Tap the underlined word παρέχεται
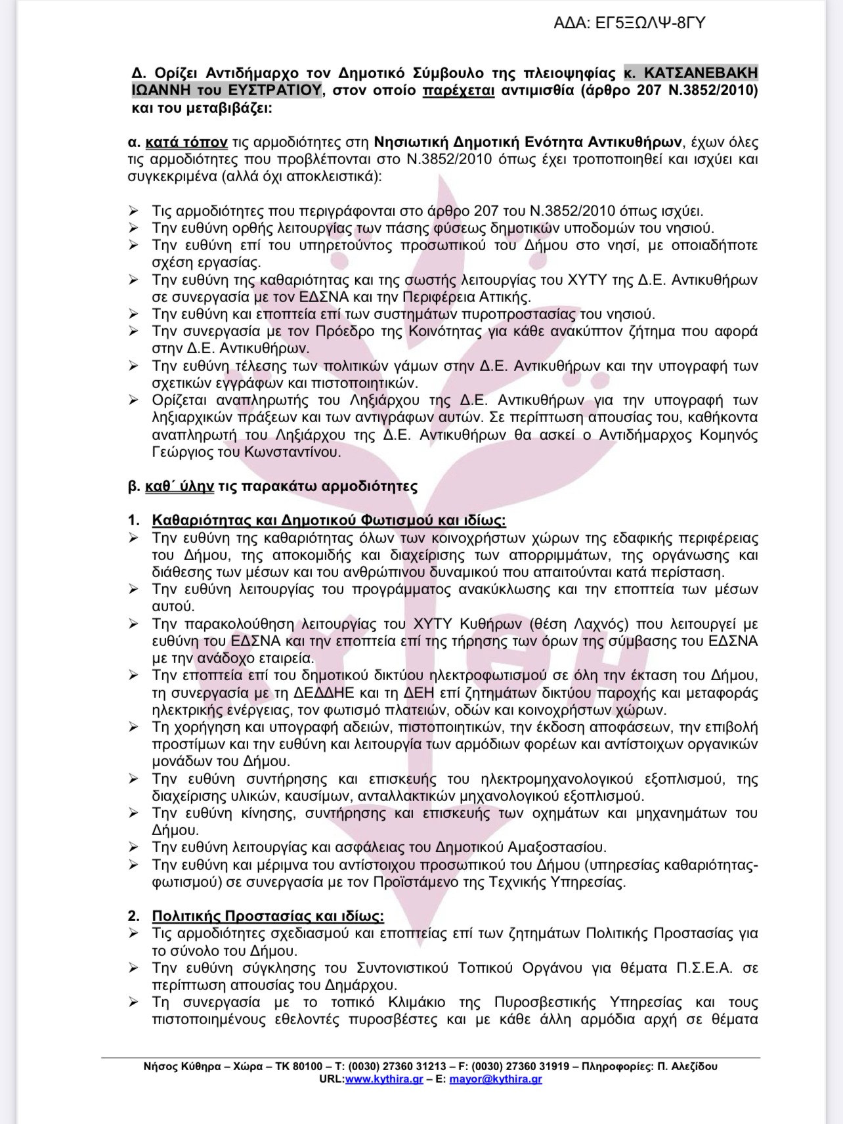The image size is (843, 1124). [458, 90]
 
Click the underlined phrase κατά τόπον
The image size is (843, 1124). [186, 142]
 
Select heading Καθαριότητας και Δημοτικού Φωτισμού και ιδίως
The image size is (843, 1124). [328, 521]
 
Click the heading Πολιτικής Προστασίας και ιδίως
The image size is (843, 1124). [268, 916]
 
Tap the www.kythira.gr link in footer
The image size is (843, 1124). [384, 1079]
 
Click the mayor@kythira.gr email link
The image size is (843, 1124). [496, 1079]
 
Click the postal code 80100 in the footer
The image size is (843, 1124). [307, 1066]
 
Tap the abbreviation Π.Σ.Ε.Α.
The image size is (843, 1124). [704, 968]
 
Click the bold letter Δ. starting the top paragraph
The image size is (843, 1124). [138, 73]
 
